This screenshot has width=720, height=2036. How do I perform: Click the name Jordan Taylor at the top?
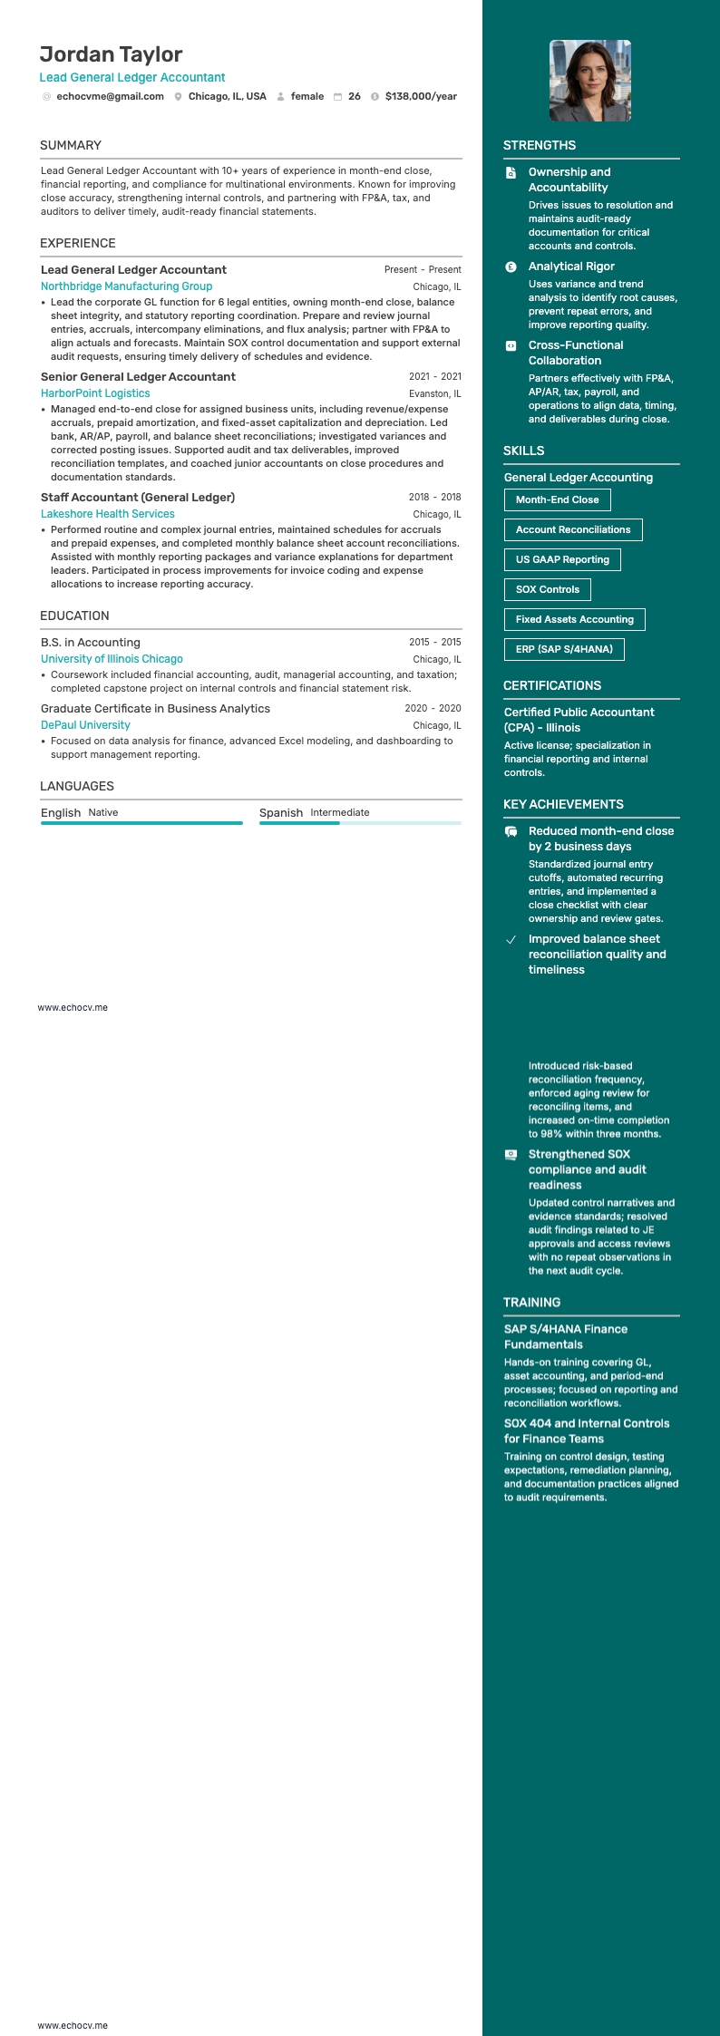111,54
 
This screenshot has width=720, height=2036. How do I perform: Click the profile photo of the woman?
590,81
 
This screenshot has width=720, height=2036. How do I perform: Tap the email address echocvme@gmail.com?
110,96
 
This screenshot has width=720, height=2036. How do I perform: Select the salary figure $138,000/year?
421,96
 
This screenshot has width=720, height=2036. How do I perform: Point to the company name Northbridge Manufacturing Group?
126,286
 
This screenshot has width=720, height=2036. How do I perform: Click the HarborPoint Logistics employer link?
95,393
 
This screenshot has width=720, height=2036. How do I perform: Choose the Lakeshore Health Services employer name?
107,514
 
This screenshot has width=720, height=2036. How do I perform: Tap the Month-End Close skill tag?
557,499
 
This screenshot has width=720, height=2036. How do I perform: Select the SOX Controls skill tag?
547,589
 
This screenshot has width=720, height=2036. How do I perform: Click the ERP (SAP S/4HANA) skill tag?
564,649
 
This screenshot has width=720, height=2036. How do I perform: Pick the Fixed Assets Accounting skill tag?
574,619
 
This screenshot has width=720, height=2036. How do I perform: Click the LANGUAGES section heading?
77,786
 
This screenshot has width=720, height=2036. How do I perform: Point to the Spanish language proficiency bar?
360,823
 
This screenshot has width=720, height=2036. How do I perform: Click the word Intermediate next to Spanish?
340,813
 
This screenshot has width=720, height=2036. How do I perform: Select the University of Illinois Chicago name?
112,659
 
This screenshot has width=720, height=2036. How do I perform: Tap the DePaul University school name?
85,725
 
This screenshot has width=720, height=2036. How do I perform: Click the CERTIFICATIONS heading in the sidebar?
552,685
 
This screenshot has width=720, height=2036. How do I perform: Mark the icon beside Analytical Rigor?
511,267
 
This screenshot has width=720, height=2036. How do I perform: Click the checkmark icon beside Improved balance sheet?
511,939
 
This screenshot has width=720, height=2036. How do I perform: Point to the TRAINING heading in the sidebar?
531,1303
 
